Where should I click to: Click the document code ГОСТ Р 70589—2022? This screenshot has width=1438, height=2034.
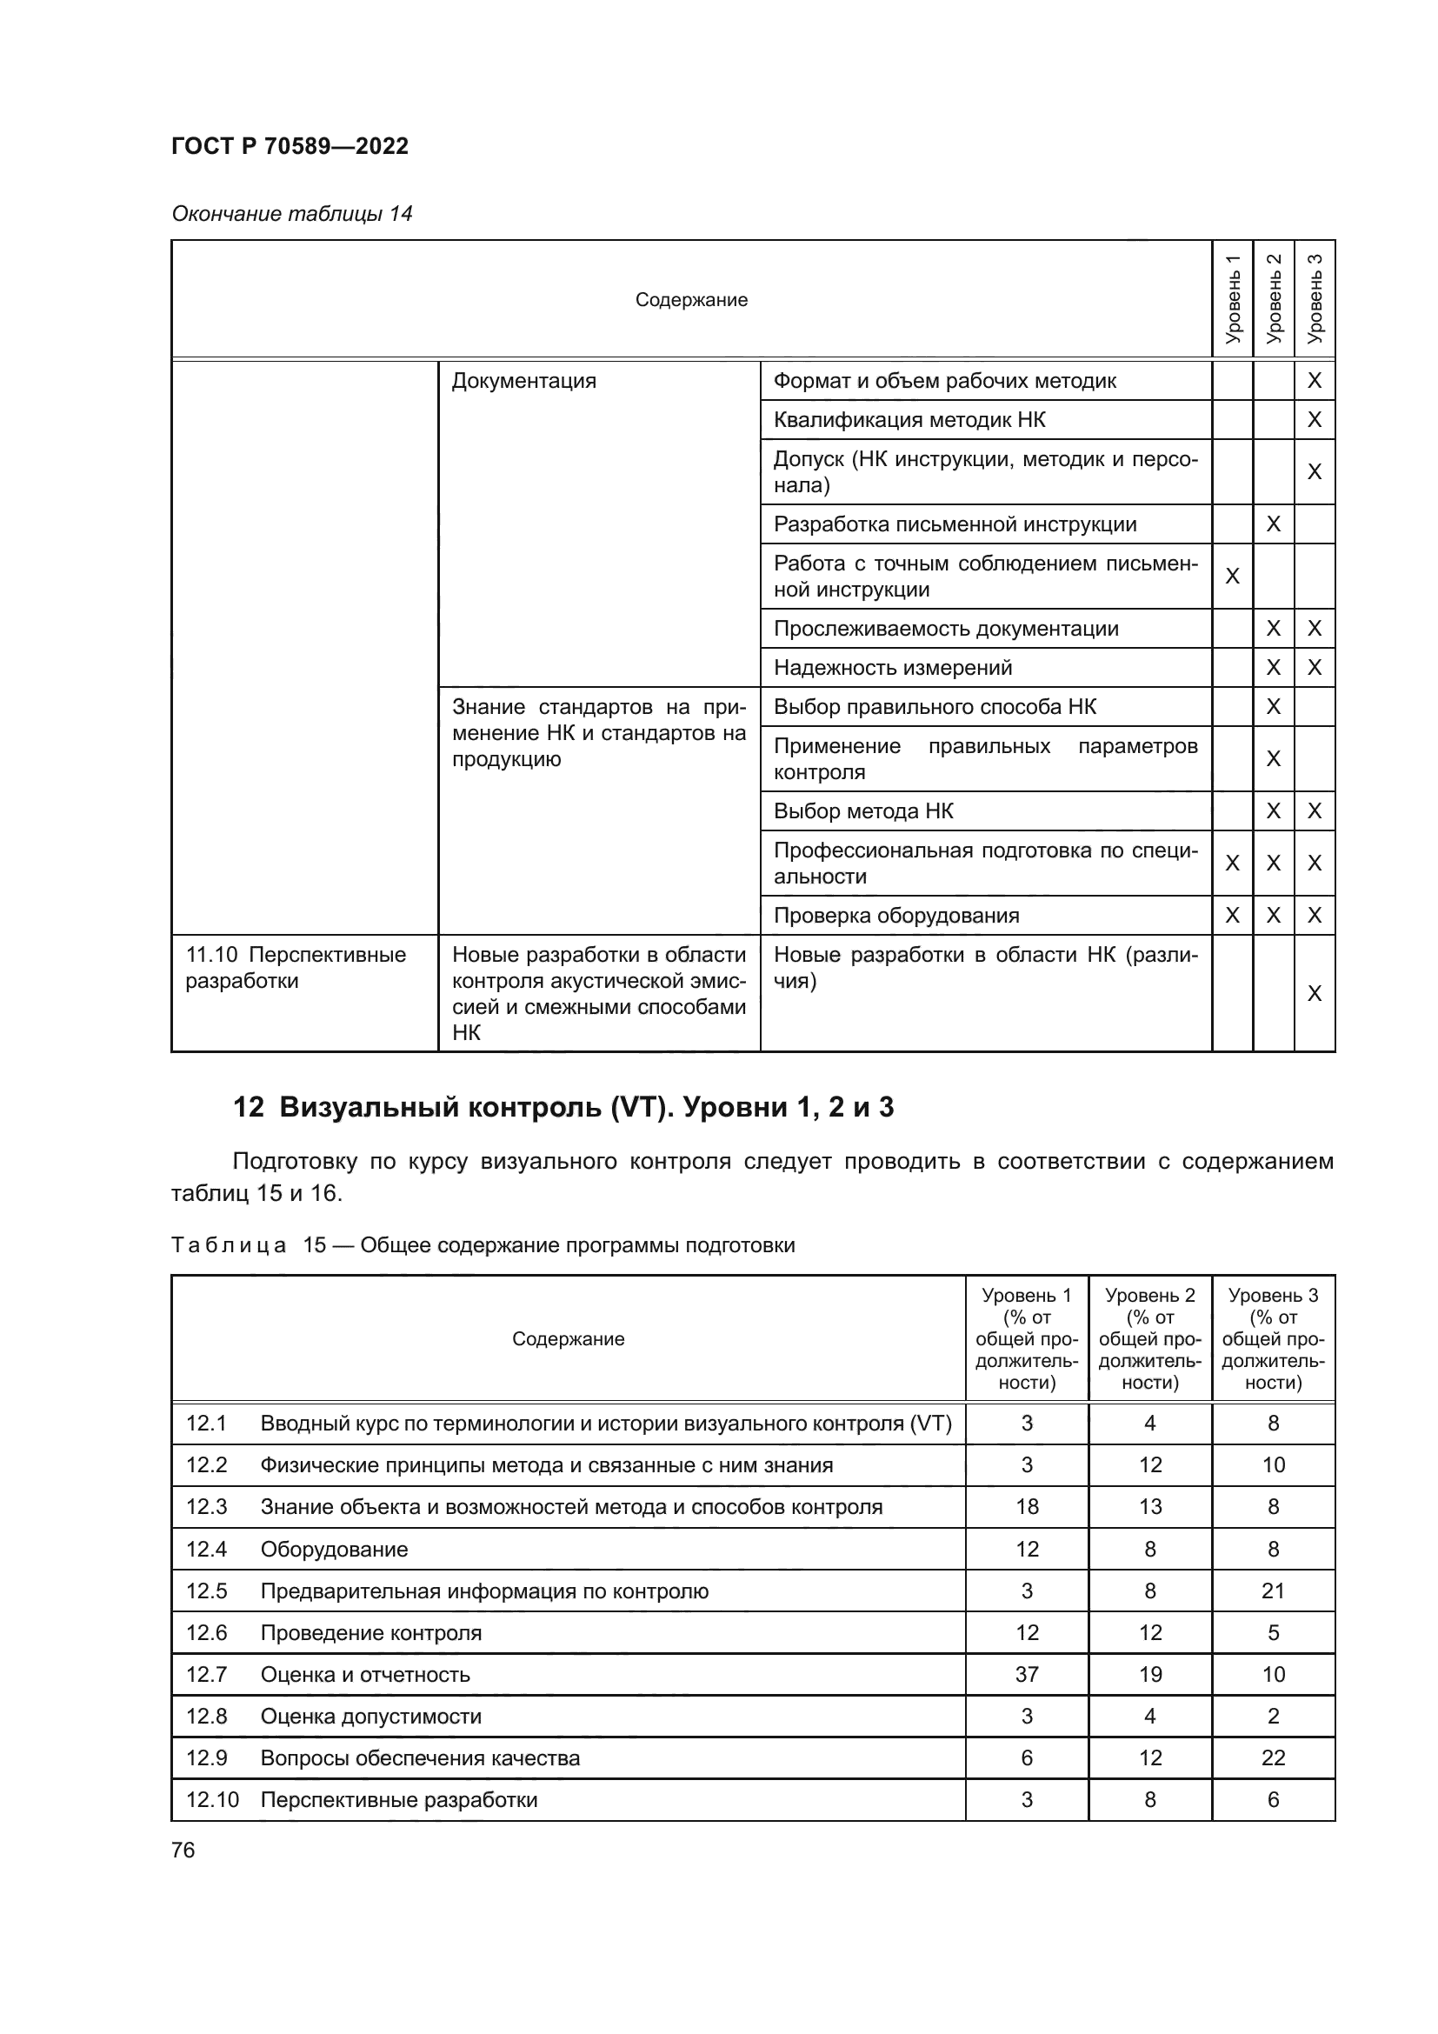[290, 146]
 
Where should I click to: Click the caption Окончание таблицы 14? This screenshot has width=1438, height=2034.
[291, 214]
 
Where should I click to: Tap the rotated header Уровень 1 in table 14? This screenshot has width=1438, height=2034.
[1232, 298]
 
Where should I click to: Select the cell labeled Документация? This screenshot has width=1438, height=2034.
[523, 381]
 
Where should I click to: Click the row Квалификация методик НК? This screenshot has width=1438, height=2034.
[909, 420]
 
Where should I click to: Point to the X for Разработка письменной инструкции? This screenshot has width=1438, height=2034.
[1273, 524]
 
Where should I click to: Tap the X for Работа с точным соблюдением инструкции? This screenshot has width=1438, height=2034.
[1232, 577]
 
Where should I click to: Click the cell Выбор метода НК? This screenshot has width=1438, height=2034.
[863, 811]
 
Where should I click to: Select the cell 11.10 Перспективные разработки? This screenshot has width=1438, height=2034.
[295, 967]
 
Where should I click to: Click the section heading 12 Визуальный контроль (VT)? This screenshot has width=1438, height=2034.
[563, 1107]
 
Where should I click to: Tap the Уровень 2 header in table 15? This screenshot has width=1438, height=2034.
[1149, 1338]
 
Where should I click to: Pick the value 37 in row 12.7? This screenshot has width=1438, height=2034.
[1026, 1674]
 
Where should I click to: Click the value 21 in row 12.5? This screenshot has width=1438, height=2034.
[1273, 1591]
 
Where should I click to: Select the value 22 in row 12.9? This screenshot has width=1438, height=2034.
[1273, 1758]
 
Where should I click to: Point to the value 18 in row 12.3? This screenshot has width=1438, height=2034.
[1026, 1507]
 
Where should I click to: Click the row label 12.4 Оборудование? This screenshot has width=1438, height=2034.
[296, 1550]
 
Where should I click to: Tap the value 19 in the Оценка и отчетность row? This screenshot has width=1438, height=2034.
[1149, 1674]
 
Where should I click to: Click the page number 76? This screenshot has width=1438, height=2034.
[183, 1850]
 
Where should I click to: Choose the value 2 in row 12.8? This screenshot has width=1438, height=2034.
[1273, 1716]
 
